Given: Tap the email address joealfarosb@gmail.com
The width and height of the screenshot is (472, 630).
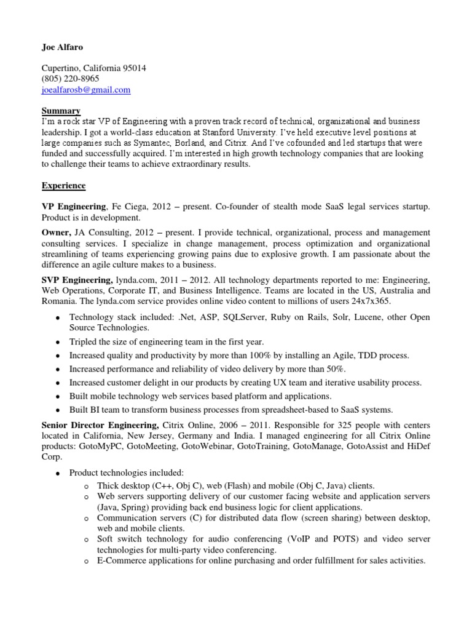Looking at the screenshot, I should [x=86, y=90].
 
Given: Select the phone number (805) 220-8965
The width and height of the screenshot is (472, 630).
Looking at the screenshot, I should [x=70, y=79].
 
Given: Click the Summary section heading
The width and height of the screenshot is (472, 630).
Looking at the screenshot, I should [x=61, y=111].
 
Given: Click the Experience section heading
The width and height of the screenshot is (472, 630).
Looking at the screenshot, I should [x=64, y=185].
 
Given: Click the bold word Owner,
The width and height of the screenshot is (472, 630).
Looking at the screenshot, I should [x=56, y=233].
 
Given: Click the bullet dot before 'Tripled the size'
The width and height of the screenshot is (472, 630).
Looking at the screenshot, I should [x=57, y=342].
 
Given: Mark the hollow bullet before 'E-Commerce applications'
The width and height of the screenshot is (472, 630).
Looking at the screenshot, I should [x=87, y=561].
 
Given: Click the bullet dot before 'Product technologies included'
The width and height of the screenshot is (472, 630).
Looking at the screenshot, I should [x=57, y=473].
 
